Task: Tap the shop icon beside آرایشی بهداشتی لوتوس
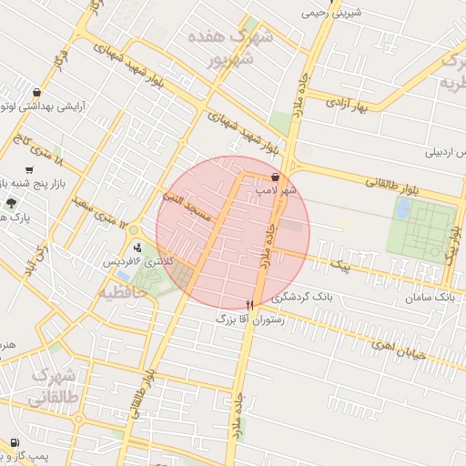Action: click(35, 93)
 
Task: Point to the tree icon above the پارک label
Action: click(11, 204)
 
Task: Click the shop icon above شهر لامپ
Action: click(276, 177)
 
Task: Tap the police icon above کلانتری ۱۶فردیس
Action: click(137, 247)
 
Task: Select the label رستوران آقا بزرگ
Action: click(250, 319)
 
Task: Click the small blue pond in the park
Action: click(402, 209)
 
